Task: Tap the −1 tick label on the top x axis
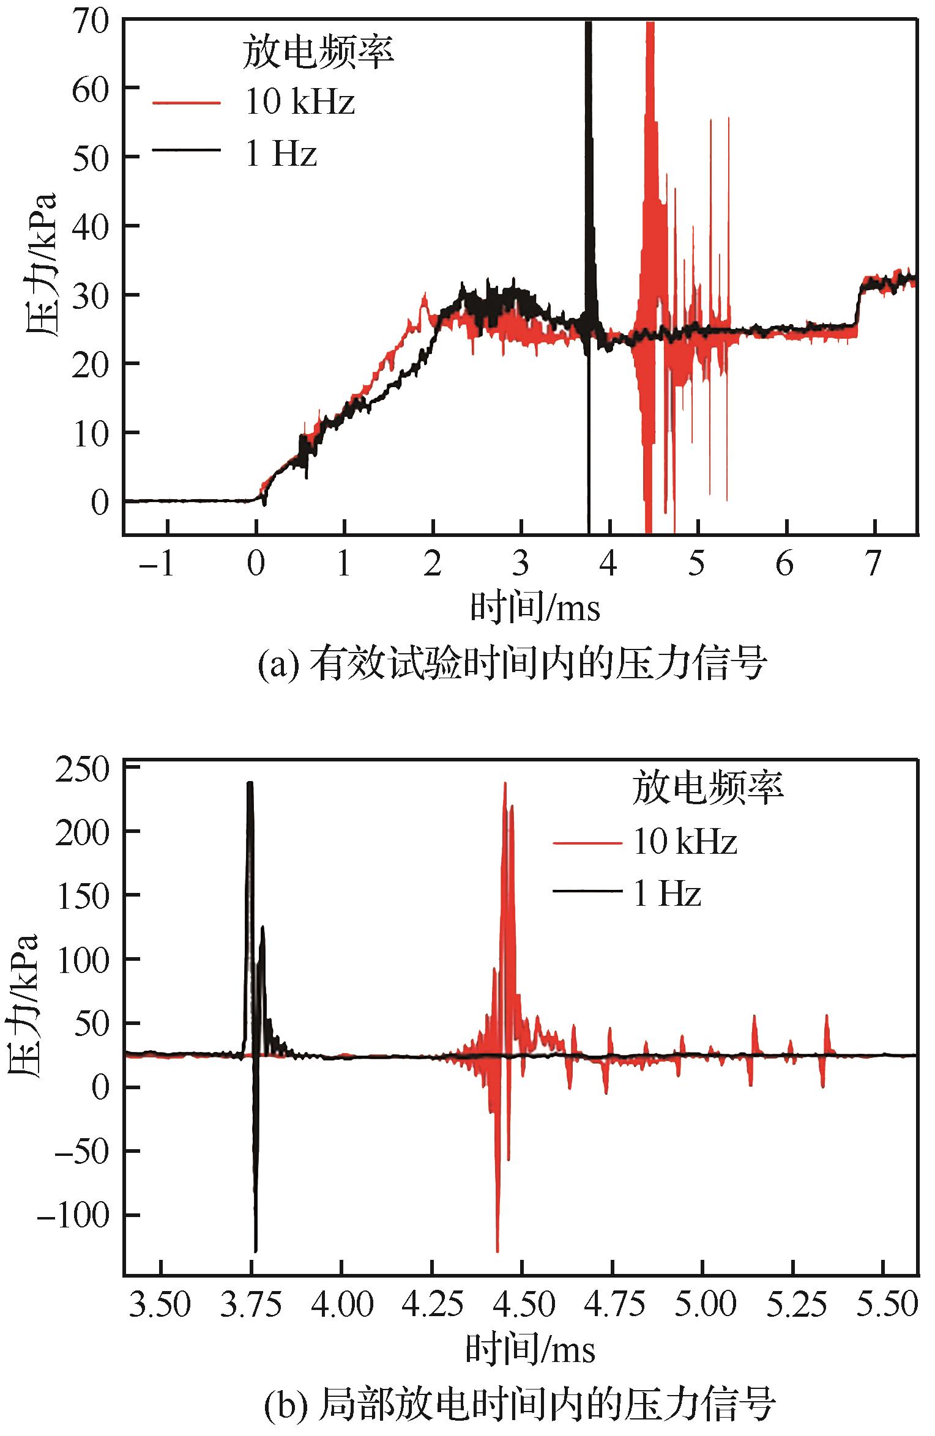[157, 564]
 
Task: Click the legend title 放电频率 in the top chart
[317, 51]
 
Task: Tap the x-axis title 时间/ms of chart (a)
[534, 609]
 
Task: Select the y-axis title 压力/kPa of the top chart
[42, 264]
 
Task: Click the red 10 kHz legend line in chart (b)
[587, 843]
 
